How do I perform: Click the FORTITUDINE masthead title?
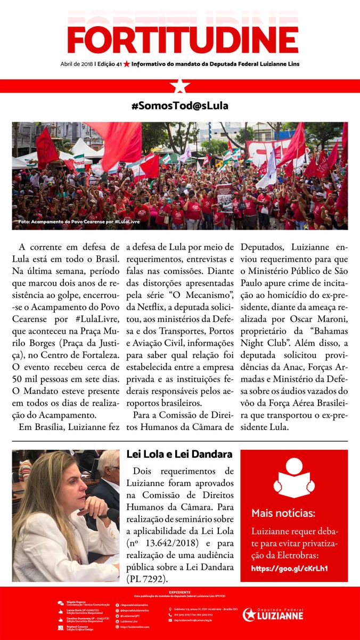pos(183,38)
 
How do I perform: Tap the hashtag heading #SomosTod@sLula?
pos(179,106)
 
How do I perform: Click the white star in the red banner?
pos(180,86)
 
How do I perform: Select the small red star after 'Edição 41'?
pos(127,64)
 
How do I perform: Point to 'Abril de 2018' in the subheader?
pos(77,64)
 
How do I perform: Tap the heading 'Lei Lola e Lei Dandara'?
pos(179,454)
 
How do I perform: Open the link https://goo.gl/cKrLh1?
pos(289,568)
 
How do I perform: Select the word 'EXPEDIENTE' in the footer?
pos(180,592)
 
